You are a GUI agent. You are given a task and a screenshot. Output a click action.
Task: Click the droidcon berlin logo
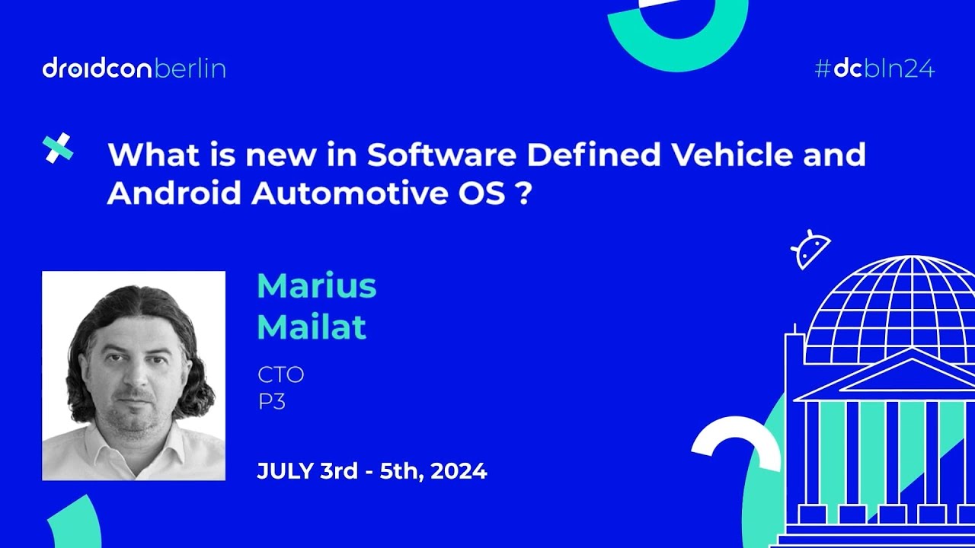click(134, 69)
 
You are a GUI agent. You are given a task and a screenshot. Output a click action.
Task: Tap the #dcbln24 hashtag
click(874, 69)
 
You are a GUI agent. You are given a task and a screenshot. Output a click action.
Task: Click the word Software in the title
click(443, 155)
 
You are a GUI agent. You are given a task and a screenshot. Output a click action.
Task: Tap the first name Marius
click(317, 286)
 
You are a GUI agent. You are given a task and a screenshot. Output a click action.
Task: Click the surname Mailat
click(312, 327)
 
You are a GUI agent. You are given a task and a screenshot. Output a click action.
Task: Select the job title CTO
click(280, 374)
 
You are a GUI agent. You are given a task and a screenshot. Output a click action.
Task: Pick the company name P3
click(271, 402)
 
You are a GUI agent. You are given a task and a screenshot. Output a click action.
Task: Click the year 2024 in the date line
click(459, 471)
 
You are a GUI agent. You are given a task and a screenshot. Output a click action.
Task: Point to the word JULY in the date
click(282, 471)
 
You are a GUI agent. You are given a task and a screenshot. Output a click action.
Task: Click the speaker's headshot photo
click(133, 375)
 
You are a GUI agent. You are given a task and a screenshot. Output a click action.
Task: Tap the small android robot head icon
click(810, 250)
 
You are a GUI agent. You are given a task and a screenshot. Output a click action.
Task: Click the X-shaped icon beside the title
click(59, 148)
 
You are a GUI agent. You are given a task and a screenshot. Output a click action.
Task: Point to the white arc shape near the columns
click(734, 441)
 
